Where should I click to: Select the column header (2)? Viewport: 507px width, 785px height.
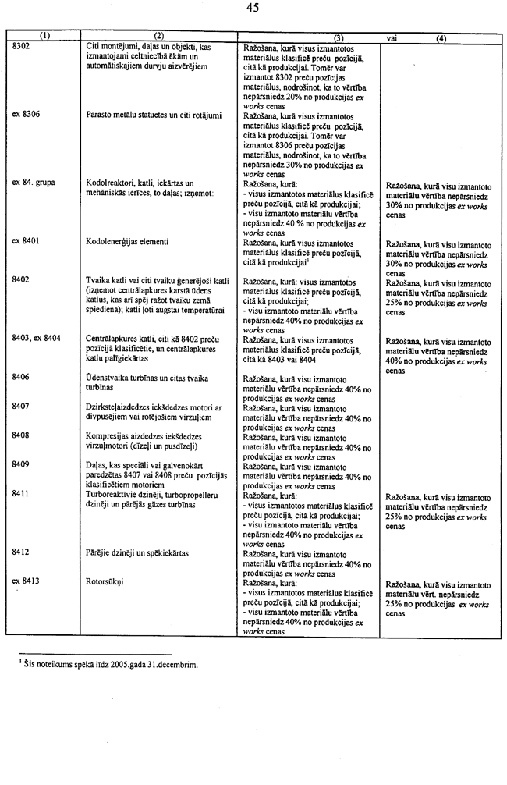coord(158,36)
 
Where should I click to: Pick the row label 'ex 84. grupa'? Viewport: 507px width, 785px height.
coord(34,183)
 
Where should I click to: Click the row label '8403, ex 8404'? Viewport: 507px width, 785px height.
coord(37,338)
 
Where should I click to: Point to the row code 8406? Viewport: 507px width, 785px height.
coord(22,377)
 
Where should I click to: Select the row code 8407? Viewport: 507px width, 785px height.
coord(22,406)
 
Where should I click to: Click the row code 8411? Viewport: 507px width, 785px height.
coord(22,494)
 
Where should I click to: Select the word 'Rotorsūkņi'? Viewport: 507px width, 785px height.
coord(105,581)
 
